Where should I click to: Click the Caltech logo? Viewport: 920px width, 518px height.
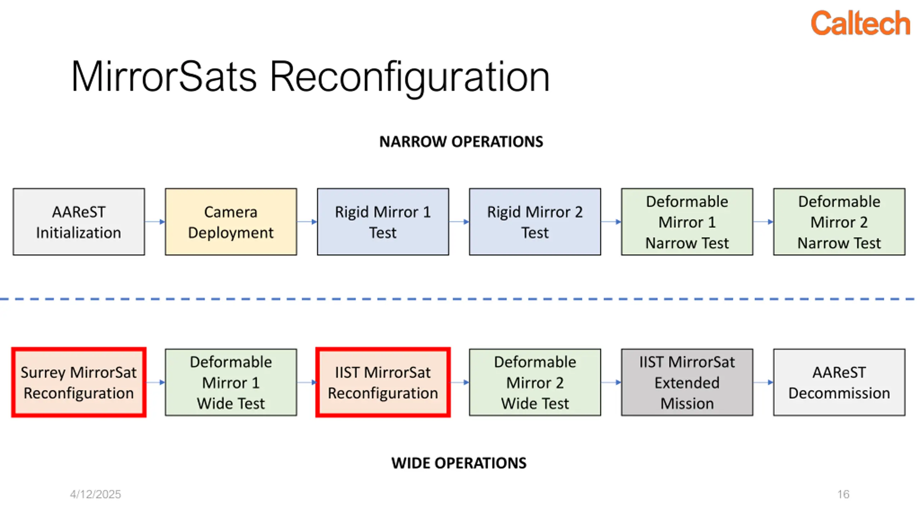[860, 23]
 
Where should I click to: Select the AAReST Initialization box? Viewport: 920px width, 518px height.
[79, 222]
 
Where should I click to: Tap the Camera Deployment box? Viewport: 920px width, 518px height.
[231, 222]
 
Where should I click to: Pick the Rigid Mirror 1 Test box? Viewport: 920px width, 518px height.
[383, 222]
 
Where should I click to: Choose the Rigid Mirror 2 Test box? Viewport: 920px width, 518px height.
[535, 222]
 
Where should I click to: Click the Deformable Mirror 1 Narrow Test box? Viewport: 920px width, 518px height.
[687, 222]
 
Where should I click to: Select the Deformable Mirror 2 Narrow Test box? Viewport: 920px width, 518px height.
[839, 222]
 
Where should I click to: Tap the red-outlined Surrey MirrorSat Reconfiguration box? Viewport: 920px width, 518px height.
[79, 382]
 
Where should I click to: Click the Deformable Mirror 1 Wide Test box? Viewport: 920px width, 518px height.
[231, 382]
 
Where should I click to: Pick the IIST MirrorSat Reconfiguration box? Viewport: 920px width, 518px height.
[383, 382]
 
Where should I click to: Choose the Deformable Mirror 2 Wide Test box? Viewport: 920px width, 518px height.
[535, 382]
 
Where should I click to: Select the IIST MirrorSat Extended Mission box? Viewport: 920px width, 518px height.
[687, 382]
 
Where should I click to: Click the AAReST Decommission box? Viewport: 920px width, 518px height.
[839, 382]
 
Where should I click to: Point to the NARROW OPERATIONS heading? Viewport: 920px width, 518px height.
[461, 141]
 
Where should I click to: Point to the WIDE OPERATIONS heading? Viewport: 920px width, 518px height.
[459, 463]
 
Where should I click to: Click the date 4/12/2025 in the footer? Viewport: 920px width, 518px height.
[95, 494]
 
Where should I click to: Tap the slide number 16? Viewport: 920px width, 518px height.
[843, 494]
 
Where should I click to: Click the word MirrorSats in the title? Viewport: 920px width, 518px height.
[164, 77]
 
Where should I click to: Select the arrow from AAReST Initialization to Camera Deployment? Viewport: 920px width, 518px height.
[155, 222]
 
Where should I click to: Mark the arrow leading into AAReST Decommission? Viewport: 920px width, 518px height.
[763, 382]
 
